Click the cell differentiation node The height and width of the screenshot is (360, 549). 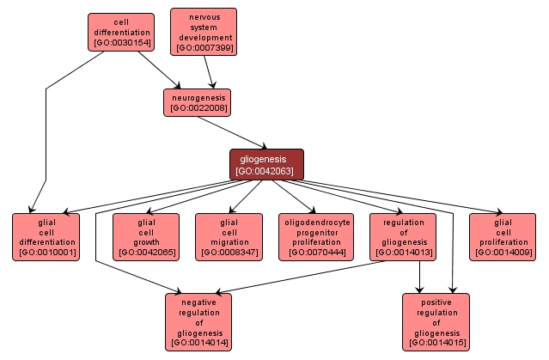(x=120, y=32)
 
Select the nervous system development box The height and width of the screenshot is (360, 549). (x=204, y=32)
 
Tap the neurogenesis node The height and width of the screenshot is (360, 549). (x=198, y=102)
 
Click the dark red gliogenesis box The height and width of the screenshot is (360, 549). (x=266, y=164)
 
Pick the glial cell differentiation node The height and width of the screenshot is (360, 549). (x=46, y=236)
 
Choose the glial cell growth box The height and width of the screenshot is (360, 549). (x=146, y=236)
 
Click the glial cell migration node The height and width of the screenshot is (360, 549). (x=228, y=236)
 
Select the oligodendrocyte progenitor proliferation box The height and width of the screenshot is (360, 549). (x=317, y=236)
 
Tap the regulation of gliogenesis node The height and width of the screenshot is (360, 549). (x=402, y=236)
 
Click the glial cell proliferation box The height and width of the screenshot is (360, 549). (x=503, y=236)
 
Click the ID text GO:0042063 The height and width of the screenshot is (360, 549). (x=266, y=171)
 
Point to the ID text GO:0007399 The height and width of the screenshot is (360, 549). (x=204, y=48)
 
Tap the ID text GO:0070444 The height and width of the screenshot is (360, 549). (x=317, y=253)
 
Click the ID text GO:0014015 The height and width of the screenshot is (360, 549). (x=436, y=343)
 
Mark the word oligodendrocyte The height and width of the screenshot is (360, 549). (x=317, y=221)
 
